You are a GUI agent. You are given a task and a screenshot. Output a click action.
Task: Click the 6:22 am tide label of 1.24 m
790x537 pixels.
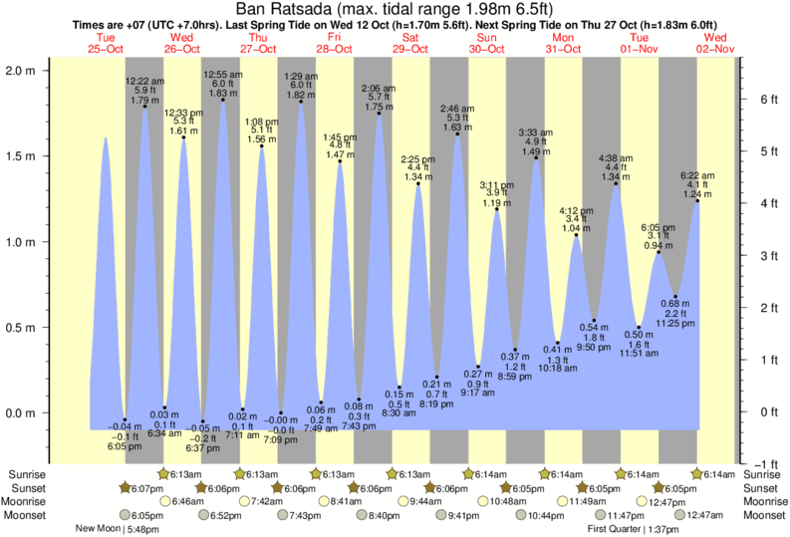[698, 185]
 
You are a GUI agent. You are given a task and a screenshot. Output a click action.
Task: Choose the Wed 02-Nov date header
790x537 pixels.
[716, 43]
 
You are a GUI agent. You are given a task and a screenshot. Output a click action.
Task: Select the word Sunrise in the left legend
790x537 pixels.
[26, 474]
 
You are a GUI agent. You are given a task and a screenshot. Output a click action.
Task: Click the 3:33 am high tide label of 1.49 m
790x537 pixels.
[536, 141]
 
